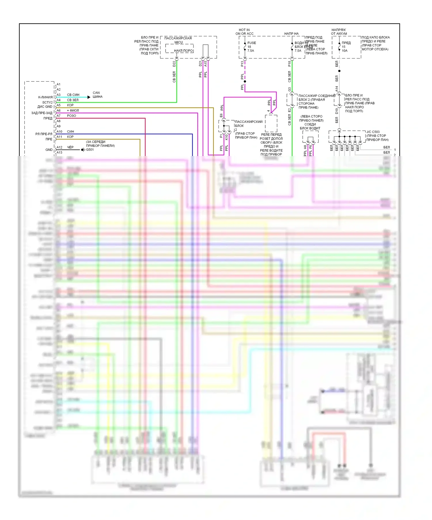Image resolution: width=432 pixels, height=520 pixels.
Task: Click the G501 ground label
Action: [90, 150]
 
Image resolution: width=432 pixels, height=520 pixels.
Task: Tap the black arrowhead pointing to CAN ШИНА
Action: [89, 97]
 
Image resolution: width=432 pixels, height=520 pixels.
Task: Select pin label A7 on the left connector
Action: [58, 116]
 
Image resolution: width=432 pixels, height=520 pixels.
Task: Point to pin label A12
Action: [59, 147]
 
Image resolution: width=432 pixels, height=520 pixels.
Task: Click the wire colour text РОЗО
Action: [71, 116]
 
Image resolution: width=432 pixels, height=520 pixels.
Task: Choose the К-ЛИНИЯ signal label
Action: [45, 97]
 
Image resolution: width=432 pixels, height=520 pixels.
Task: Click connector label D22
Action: [174, 64]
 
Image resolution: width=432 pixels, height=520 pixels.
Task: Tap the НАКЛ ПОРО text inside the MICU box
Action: [183, 51]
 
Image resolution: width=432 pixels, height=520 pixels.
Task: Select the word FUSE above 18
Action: [251, 43]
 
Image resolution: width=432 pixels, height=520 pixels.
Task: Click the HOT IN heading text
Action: [244, 30]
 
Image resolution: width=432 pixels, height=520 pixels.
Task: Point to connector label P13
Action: [242, 64]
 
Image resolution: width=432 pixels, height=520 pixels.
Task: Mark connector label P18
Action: [289, 64]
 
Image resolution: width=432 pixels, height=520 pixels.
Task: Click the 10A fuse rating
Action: [345, 51]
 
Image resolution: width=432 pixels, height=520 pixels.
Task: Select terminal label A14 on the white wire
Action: [337, 89]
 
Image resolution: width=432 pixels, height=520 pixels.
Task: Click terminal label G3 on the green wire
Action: [289, 89]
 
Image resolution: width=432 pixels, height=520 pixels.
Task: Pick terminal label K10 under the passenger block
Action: [226, 137]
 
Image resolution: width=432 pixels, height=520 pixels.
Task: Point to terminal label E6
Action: [221, 115]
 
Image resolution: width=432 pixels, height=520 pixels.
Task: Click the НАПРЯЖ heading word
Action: [339, 30]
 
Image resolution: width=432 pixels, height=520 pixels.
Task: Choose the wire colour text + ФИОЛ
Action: [73, 110]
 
